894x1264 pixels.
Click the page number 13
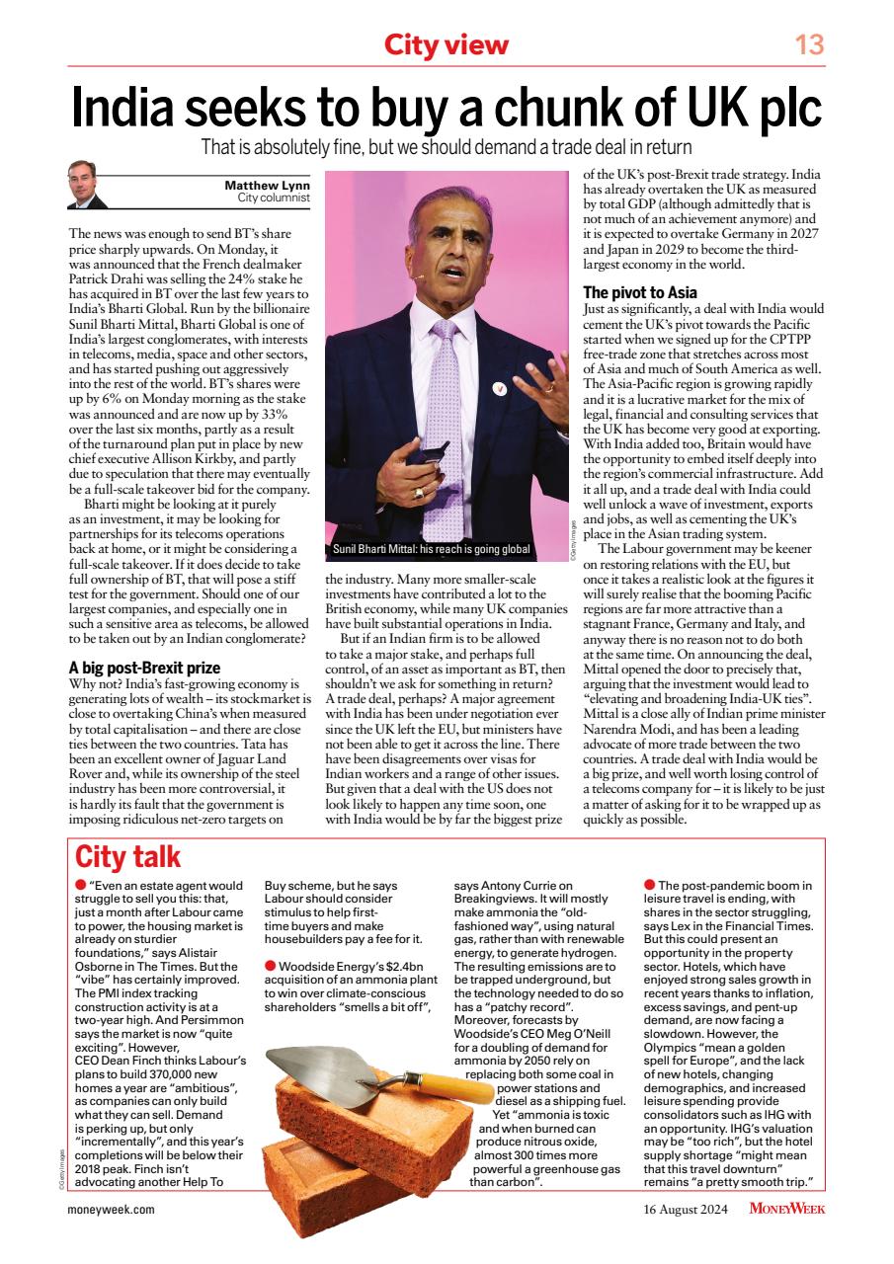tap(809, 44)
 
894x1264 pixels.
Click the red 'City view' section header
tap(447, 44)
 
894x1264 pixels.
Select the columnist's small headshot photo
tap(87, 185)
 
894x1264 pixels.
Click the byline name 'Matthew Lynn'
tap(268, 185)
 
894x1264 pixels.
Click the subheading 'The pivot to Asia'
tap(640, 292)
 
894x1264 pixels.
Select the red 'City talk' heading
tap(128, 856)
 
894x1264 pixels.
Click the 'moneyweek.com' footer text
tap(112, 1209)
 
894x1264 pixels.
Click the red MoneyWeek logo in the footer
tap(786, 1209)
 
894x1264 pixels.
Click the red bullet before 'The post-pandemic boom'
tap(649, 885)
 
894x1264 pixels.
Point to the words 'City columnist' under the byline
tap(274, 197)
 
